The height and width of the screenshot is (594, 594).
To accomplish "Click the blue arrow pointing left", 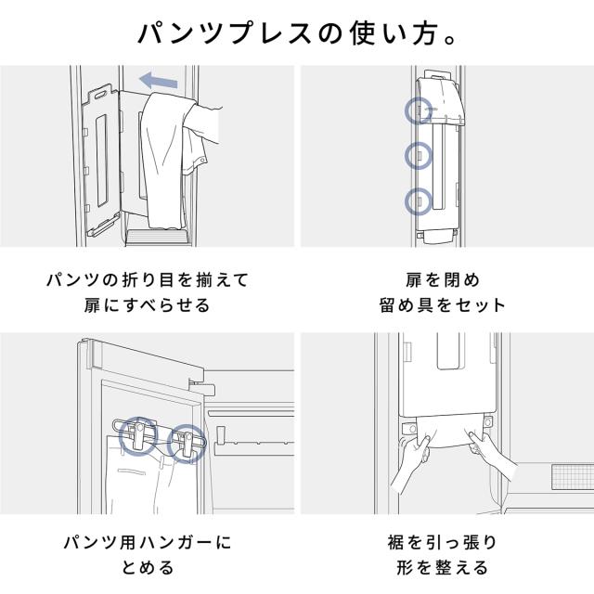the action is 159,81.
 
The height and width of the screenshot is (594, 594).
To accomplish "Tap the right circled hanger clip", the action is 187,444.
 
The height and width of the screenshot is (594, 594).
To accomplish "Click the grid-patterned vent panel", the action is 573,476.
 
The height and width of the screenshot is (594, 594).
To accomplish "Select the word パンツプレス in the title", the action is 225,34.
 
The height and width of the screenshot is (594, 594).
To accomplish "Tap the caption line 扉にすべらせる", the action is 147,305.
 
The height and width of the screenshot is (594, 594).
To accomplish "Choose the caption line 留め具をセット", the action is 443,305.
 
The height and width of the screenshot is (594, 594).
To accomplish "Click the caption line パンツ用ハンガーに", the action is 148,542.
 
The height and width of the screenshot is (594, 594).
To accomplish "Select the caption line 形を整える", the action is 443,568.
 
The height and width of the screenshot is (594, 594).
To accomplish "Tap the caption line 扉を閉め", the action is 443,280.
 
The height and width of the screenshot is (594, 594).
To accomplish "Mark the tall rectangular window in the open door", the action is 102,161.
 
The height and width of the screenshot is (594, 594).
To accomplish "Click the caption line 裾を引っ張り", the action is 443,542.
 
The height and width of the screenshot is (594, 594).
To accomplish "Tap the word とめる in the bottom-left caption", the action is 148,568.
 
